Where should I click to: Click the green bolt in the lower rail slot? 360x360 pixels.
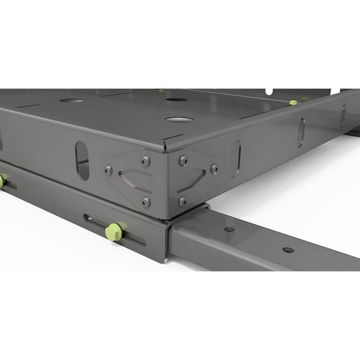[114, 232]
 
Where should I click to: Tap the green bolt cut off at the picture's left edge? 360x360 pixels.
[2, 181]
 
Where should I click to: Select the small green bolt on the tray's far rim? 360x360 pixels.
[293, 102]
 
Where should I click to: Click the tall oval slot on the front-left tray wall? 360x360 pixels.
[82, 161]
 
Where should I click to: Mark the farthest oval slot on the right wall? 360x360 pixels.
[343, 116]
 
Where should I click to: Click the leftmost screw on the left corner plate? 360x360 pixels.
[108, 170]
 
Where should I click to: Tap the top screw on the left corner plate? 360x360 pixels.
[146, 161]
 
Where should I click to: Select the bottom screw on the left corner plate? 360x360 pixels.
[146, 202]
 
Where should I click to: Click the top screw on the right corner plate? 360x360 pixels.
[183, 161]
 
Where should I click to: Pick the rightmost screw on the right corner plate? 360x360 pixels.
[214, 169]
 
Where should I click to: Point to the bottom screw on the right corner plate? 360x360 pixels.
[183, 201]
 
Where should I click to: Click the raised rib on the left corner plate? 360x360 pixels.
[134, 181]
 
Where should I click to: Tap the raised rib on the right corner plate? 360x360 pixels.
[193, 179]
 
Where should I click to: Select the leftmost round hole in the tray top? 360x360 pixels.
[72, 100]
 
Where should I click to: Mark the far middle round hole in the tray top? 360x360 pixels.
[177, 99]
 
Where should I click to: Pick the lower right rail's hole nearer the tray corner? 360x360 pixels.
[229, 229]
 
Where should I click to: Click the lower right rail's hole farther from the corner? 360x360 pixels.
[287, 249]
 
